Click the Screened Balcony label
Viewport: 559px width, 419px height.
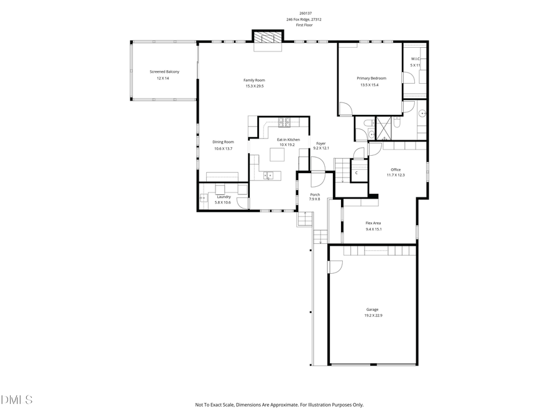[x=164, y=72]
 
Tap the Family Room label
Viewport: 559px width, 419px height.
[x=254, y=80]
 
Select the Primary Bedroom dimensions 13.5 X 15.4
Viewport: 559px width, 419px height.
[x=369, y=85]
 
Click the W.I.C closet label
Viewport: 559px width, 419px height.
[x=415, y=59]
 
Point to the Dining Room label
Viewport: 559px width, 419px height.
[x=223, y=142]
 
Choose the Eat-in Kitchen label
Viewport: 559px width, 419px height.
[x=288, y=140]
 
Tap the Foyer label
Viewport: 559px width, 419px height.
[x=320, y=143]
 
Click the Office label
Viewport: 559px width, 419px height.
[x=396, y=169]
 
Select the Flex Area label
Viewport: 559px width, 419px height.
[x=373, y=223]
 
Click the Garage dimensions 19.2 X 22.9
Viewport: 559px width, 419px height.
[x=373, y=315]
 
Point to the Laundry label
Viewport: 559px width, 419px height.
[x=223, y=197]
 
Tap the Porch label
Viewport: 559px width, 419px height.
[x=315, y=194]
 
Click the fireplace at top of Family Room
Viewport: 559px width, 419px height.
[x=267, y=38]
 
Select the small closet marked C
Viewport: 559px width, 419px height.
[x=357, y=173]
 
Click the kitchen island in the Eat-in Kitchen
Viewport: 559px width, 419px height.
[x=277, y=156]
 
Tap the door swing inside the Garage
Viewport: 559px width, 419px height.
[x=335, y=266]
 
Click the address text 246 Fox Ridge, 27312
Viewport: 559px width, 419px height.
[x=304, y=19]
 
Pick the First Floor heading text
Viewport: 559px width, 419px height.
[x=304, y=25]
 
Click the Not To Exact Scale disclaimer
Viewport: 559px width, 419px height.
[x=279, y=405]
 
